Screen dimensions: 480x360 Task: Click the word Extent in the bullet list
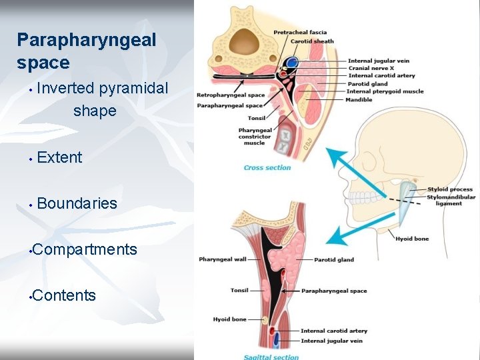(x=59, y=158)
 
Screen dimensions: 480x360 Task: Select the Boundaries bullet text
(x=77, y=203)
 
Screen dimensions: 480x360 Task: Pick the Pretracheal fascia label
(x=300, y=32)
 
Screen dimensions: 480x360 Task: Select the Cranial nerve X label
(x=370, y=69)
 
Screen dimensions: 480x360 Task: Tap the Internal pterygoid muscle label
(x=385, y=91)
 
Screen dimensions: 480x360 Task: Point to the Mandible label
(x=359, y=99)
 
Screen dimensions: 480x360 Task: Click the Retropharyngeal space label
(x=230, y=95)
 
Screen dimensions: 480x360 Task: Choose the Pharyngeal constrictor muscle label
(x=255, y=137)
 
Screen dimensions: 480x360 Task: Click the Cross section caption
(x=267, y=168)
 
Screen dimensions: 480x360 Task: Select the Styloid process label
(x=450, y=190)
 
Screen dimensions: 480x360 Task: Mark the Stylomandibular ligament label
(x=451, y=200)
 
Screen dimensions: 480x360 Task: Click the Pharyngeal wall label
(x=222, y=259)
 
